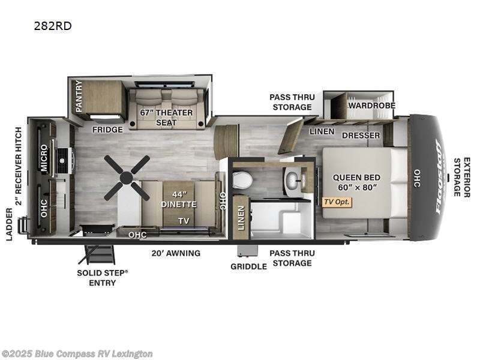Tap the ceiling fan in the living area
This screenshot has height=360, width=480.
(126, 177)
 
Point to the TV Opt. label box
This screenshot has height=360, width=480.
(336, 202)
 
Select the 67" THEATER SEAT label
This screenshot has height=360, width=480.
(166, 117)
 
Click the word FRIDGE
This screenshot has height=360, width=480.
(107, 130)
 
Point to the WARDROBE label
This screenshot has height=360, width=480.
(371, 105)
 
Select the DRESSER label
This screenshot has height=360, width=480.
(361, 135)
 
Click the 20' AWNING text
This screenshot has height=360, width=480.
(176, 253)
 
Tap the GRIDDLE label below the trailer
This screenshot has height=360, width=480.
(248, 266)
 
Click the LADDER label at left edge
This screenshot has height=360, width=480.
(9, 224)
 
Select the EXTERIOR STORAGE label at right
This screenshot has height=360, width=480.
(461, 178)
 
